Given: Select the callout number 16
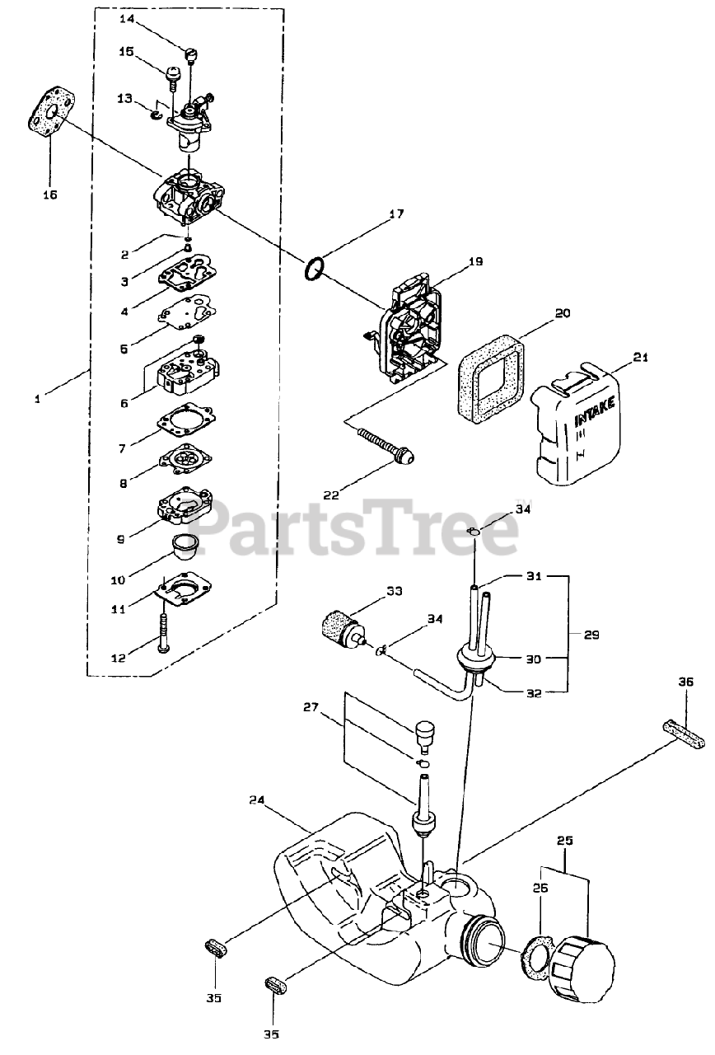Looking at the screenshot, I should [50, 195].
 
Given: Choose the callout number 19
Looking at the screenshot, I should [475, 262].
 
